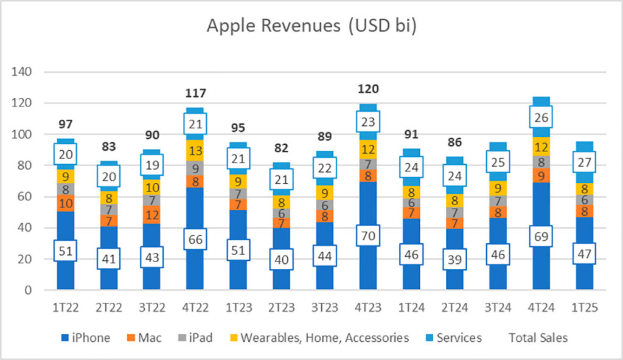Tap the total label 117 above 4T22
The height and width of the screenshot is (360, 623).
(196, 93)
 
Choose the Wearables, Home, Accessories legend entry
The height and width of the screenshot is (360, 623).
(322, 337)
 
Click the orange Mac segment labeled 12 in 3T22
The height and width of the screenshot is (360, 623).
(152, 214)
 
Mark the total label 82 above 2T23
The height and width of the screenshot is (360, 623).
(282, 147)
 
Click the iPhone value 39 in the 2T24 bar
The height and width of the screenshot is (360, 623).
(454, 260)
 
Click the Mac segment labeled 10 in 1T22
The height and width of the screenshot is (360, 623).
(66, 203)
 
